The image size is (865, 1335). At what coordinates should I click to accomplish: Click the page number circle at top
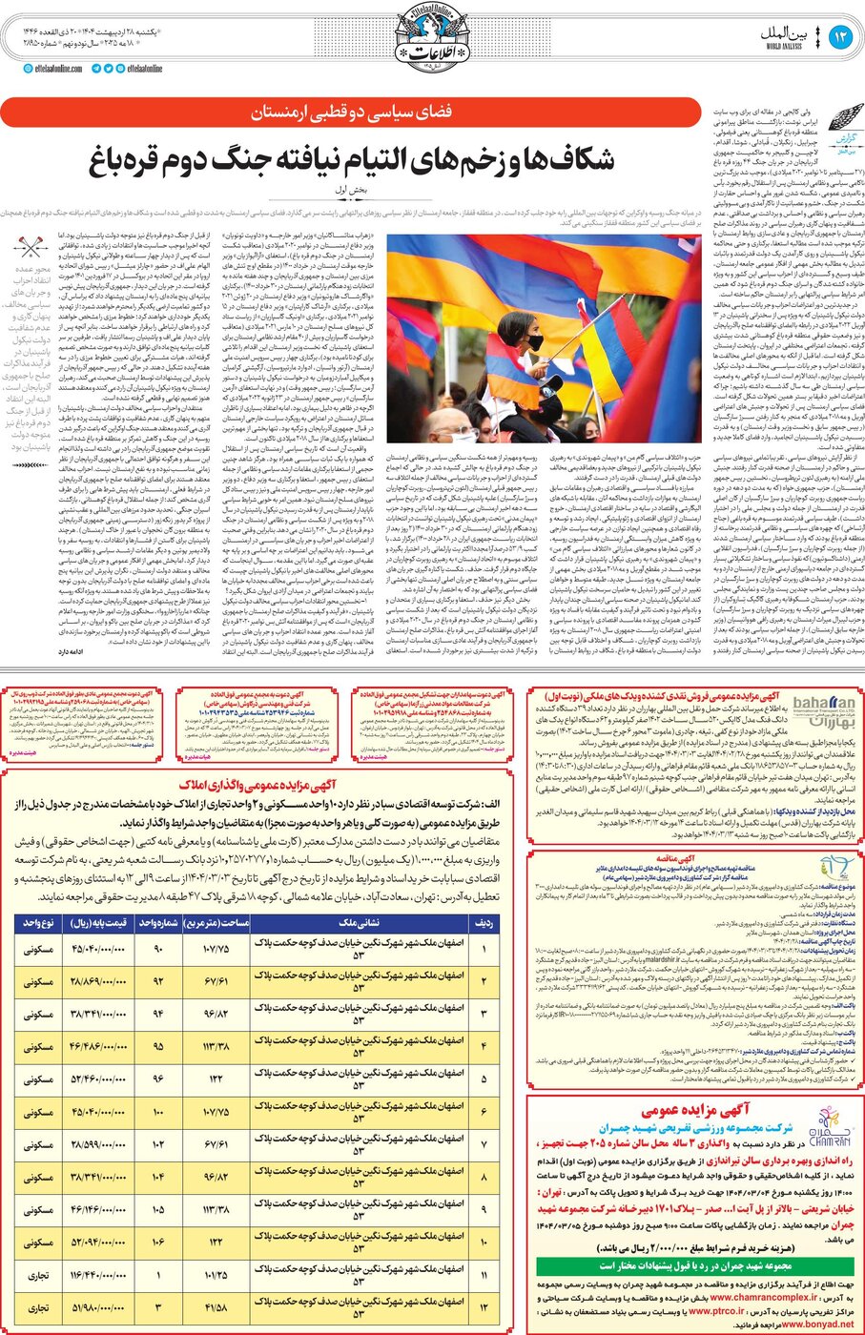coord(840,37)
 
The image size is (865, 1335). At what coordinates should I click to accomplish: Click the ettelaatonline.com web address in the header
coord(58,69)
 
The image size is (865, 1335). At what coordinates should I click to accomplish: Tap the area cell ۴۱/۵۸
coord(217,1307)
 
